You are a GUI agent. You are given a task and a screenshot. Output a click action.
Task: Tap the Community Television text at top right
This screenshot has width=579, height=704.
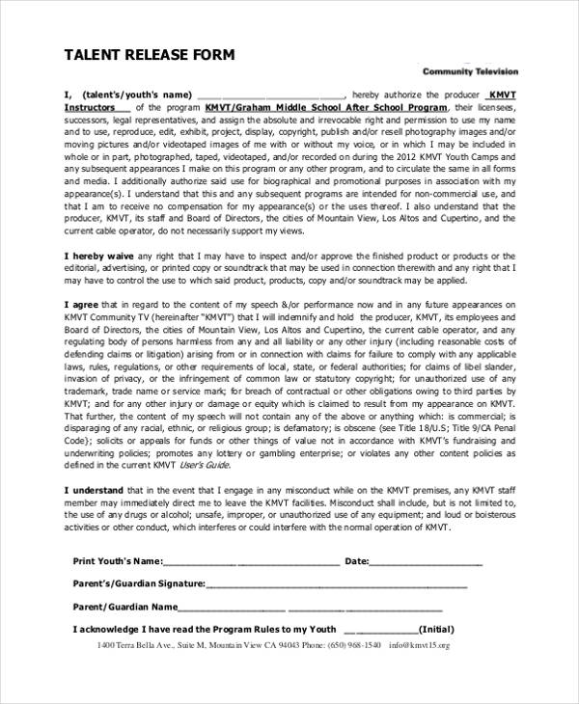point(470,71)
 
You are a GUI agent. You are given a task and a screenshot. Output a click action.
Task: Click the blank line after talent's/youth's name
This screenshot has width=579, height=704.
point(270,95)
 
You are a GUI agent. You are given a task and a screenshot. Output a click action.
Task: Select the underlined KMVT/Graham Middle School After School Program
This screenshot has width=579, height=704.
point(327,108)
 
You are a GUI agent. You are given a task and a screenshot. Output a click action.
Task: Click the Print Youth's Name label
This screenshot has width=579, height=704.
point(122,561)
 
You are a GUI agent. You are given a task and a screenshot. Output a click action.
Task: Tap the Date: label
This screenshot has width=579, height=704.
point(356,561)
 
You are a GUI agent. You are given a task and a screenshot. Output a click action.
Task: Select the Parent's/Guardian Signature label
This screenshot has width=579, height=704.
point(139,583)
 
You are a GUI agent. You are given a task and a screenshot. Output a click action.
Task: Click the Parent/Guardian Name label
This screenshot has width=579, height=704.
point(125,607)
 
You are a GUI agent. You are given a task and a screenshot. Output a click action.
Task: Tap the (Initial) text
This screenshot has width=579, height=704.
point(436,629)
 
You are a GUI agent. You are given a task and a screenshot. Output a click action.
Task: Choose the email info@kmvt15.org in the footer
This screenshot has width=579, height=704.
point(419,644)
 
